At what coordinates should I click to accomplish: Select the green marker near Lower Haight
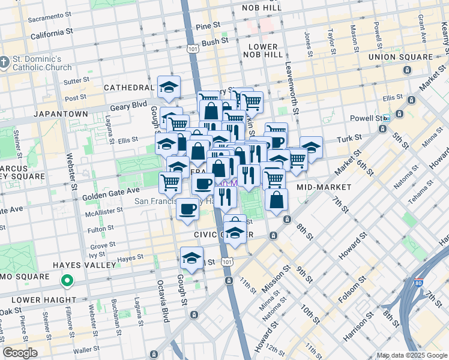pyautogui.click(x=68, y=280)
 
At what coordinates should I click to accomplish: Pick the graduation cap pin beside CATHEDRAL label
pyautogui.click(x=169, y=87)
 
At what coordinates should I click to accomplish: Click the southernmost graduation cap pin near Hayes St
pyautogui.click(x=191, y=258)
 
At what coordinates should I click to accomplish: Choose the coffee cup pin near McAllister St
pyautogui.click(x=188, y=209)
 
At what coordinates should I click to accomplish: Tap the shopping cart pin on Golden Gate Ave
pyautogui.click(x=170, y=182)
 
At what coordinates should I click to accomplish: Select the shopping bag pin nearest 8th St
pyautogui.click(x=276, y=200)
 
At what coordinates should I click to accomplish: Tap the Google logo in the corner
pyautogui.click(x=20, y=353)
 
